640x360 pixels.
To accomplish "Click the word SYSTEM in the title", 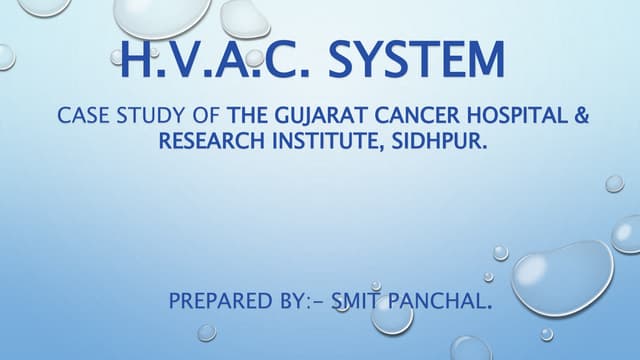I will [417, 59].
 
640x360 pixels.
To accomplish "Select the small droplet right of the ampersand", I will [614, 183].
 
